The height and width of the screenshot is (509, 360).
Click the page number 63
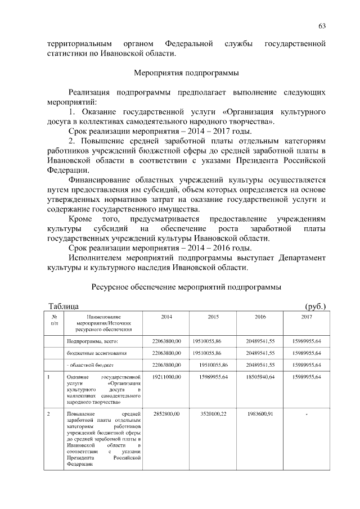pos(322,26)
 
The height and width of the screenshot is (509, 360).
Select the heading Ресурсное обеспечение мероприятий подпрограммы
pos(186,287)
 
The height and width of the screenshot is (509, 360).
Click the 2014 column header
pos(166,318)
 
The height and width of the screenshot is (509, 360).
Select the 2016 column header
pos(260,318)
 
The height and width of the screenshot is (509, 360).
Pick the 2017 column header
pos(307,318)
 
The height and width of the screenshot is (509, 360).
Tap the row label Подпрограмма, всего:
pos(92,341)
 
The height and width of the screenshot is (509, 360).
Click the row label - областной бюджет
pos(90,365)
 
